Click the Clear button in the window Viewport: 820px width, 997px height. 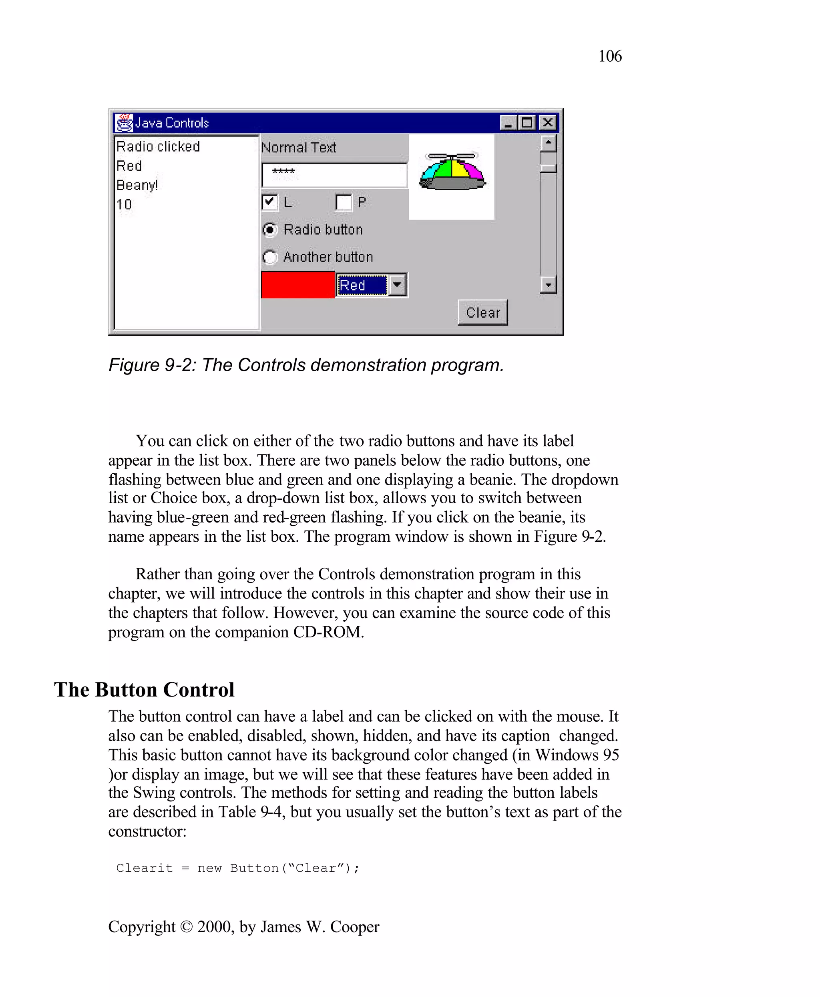tap(482, 312)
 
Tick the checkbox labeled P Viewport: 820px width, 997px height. tap(344, 202)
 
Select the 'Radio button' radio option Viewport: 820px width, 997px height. tap(270, 230)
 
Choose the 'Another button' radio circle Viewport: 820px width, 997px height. tap(270, 257)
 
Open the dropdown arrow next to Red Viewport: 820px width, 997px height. tap(397, 284)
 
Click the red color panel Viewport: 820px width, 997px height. tap(297, 284)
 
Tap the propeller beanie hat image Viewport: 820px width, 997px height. tap(452, 172)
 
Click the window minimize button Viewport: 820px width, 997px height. tap(508, 123)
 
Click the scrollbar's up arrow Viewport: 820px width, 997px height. tap(548, 142)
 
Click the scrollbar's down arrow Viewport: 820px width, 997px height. tap(548, 284)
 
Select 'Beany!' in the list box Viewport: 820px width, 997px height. tap(137, 185)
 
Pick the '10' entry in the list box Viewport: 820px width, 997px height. tap(124, 204)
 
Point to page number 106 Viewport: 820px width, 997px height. tap(610, 56)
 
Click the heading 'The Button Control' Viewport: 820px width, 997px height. tap(144, 690)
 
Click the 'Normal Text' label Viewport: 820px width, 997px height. tap(299, 148)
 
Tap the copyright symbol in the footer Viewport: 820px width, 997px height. tap(187, 927)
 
